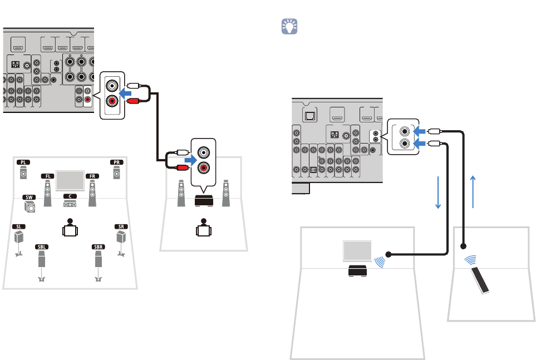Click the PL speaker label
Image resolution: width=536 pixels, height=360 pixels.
pyautogui.click(x=23, y=162)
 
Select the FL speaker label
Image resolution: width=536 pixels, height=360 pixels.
pyautogui.click(x=47, y=175)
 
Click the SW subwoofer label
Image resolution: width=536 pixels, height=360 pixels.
pyautogui.click(x=29, y=197)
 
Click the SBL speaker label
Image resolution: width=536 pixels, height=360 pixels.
pyautogui.click(x=41, y=245)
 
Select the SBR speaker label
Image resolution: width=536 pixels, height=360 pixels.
pyautogui.click(x=98, y=245)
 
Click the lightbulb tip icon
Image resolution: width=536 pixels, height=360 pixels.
pyautogui.click(x=289, y=26)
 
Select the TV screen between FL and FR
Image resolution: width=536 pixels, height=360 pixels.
pyautogui.click(x=70, y=179)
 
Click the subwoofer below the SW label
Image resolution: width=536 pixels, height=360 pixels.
pyautogui.click(x=30, y=208)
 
